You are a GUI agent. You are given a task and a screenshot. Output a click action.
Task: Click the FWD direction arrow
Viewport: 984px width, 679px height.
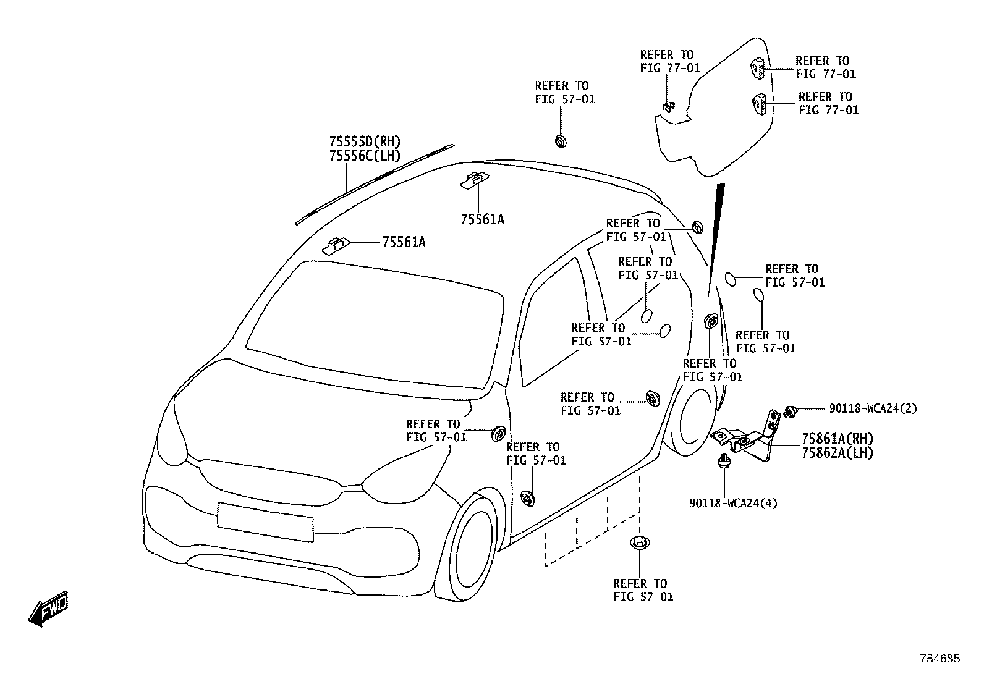click(49, 609)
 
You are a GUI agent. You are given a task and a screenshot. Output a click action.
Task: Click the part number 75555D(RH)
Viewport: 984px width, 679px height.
click(365, 141)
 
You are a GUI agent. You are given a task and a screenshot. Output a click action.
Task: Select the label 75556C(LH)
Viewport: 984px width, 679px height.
click(365, 156)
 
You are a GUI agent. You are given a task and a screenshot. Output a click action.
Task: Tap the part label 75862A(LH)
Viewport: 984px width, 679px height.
click(838, 453)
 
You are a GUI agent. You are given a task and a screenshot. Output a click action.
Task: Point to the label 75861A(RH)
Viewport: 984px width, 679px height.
click(838, 439)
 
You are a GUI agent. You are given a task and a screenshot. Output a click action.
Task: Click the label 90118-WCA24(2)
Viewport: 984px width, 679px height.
click(873, 408)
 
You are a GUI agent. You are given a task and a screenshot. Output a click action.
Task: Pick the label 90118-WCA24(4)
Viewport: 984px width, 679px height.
click(733, 504)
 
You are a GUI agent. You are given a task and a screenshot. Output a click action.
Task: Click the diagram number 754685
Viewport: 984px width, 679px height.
click(940, 659)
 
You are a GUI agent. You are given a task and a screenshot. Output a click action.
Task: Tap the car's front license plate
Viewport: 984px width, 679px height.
click(265, 523)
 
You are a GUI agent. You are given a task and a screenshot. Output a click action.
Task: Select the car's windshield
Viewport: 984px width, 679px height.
click(375, 325)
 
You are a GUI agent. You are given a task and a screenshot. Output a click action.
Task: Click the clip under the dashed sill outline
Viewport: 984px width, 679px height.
click(640, 543)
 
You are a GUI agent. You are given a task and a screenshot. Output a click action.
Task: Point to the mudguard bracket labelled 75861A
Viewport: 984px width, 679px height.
click(747, 439)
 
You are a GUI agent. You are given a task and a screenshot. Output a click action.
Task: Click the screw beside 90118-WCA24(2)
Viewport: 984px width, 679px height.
click(791, 411)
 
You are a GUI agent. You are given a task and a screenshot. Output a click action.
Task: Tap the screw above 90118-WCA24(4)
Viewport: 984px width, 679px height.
click(723, 463)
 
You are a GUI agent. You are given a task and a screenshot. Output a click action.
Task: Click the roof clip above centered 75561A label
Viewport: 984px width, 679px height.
click(475, 180)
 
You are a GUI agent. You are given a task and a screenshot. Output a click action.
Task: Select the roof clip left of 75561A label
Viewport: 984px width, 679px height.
click(336, 246)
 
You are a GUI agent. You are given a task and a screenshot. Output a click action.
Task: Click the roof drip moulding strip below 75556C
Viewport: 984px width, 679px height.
click(375, 185)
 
